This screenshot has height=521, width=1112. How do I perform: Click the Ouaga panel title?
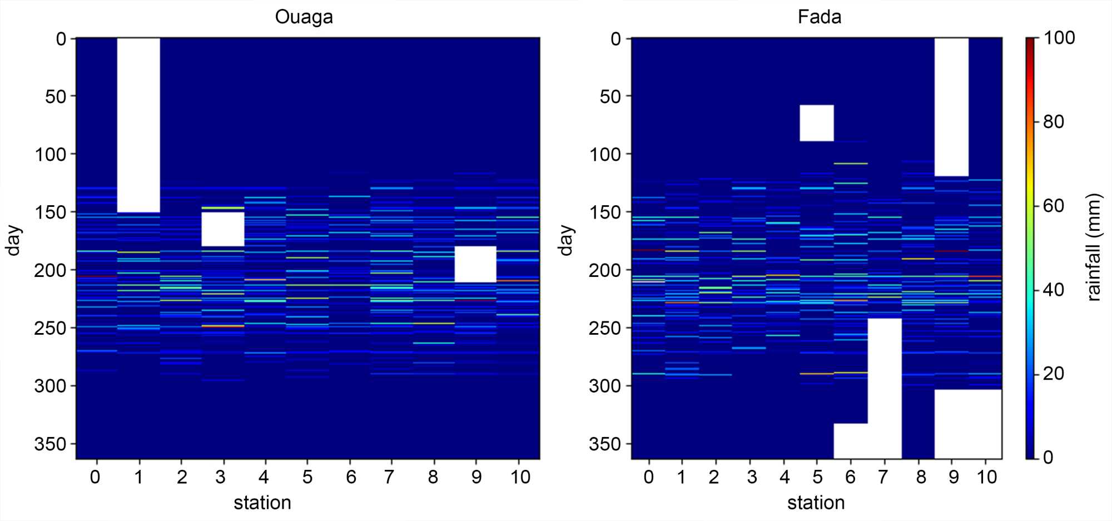click(x=304, y=17)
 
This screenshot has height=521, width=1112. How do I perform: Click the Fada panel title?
click(x=819, y=17)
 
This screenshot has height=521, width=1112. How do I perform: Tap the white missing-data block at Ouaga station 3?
click(x=222, y=229)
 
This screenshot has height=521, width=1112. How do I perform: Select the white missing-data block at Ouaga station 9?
click(x=475, y=264)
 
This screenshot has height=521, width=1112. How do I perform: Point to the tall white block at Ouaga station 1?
click(x=138, y=125)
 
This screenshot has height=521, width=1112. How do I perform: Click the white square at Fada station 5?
click(x=817, y=123)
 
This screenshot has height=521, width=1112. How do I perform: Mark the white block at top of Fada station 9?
click(x=951, y=107)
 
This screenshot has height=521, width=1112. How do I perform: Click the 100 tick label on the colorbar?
click(x=1059, y=38)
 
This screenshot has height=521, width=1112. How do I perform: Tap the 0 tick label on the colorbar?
click(x=1048, y=458)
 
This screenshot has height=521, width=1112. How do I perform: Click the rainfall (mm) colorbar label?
click(x=1094, y=247)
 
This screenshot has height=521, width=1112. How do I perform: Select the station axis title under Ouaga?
click(x=262, y=503)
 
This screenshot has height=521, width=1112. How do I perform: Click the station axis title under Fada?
click(x=816, y=503)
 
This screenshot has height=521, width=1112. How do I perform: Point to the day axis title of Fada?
click(x=565, y=240)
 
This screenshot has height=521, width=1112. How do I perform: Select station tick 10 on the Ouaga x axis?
click(x=520, y=477)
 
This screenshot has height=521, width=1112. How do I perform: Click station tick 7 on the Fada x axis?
click(x=883, y=477)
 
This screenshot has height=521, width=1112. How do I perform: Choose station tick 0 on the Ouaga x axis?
click(x=95, y=477)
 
